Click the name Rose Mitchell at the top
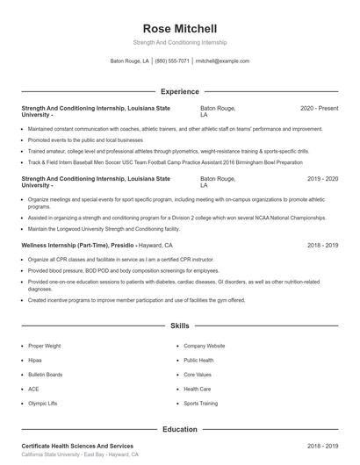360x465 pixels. [179, 28]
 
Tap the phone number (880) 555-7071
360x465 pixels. [172, 61]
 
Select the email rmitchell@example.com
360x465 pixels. [222, 61]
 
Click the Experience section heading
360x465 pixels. [179, 91]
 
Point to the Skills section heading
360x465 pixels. [179, 325]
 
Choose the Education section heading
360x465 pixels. [179, 430]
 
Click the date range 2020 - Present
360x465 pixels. [319, 108]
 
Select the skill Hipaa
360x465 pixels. [34, 361]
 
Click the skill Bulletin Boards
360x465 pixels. [45, 375]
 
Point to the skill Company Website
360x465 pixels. [205, 347]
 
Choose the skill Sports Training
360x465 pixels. [201, 403]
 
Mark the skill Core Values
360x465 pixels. [198, 375]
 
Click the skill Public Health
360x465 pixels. [198, 361]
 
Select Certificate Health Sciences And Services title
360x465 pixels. [77, 447]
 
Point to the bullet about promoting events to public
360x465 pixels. [85, 139]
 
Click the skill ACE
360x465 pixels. [33, 389]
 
